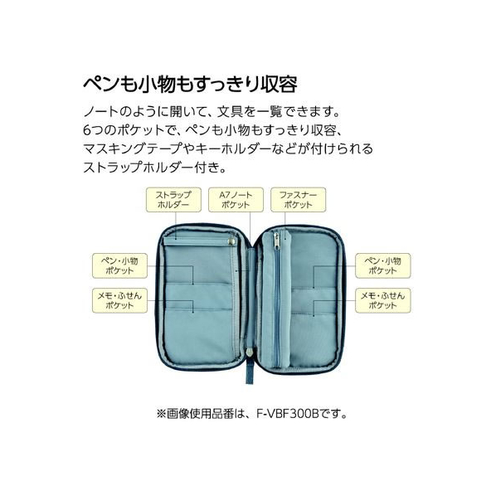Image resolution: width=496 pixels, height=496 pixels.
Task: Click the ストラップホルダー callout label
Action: click(173, 200)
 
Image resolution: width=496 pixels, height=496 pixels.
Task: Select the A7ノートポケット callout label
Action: click(236, 200)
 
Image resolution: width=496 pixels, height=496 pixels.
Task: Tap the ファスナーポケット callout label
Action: click(298, 200)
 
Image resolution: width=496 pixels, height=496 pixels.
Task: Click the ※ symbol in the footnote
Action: click(162, 414)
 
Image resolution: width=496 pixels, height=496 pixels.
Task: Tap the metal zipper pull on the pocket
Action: click(276, 241)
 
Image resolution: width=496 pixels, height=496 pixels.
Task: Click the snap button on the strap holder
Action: click(231, 241)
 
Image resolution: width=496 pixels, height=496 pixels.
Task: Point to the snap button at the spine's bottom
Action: click(250, 352)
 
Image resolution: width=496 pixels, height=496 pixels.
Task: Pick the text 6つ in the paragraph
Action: click(91, 130)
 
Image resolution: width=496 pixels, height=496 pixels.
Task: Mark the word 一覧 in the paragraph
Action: click(269, 111)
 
